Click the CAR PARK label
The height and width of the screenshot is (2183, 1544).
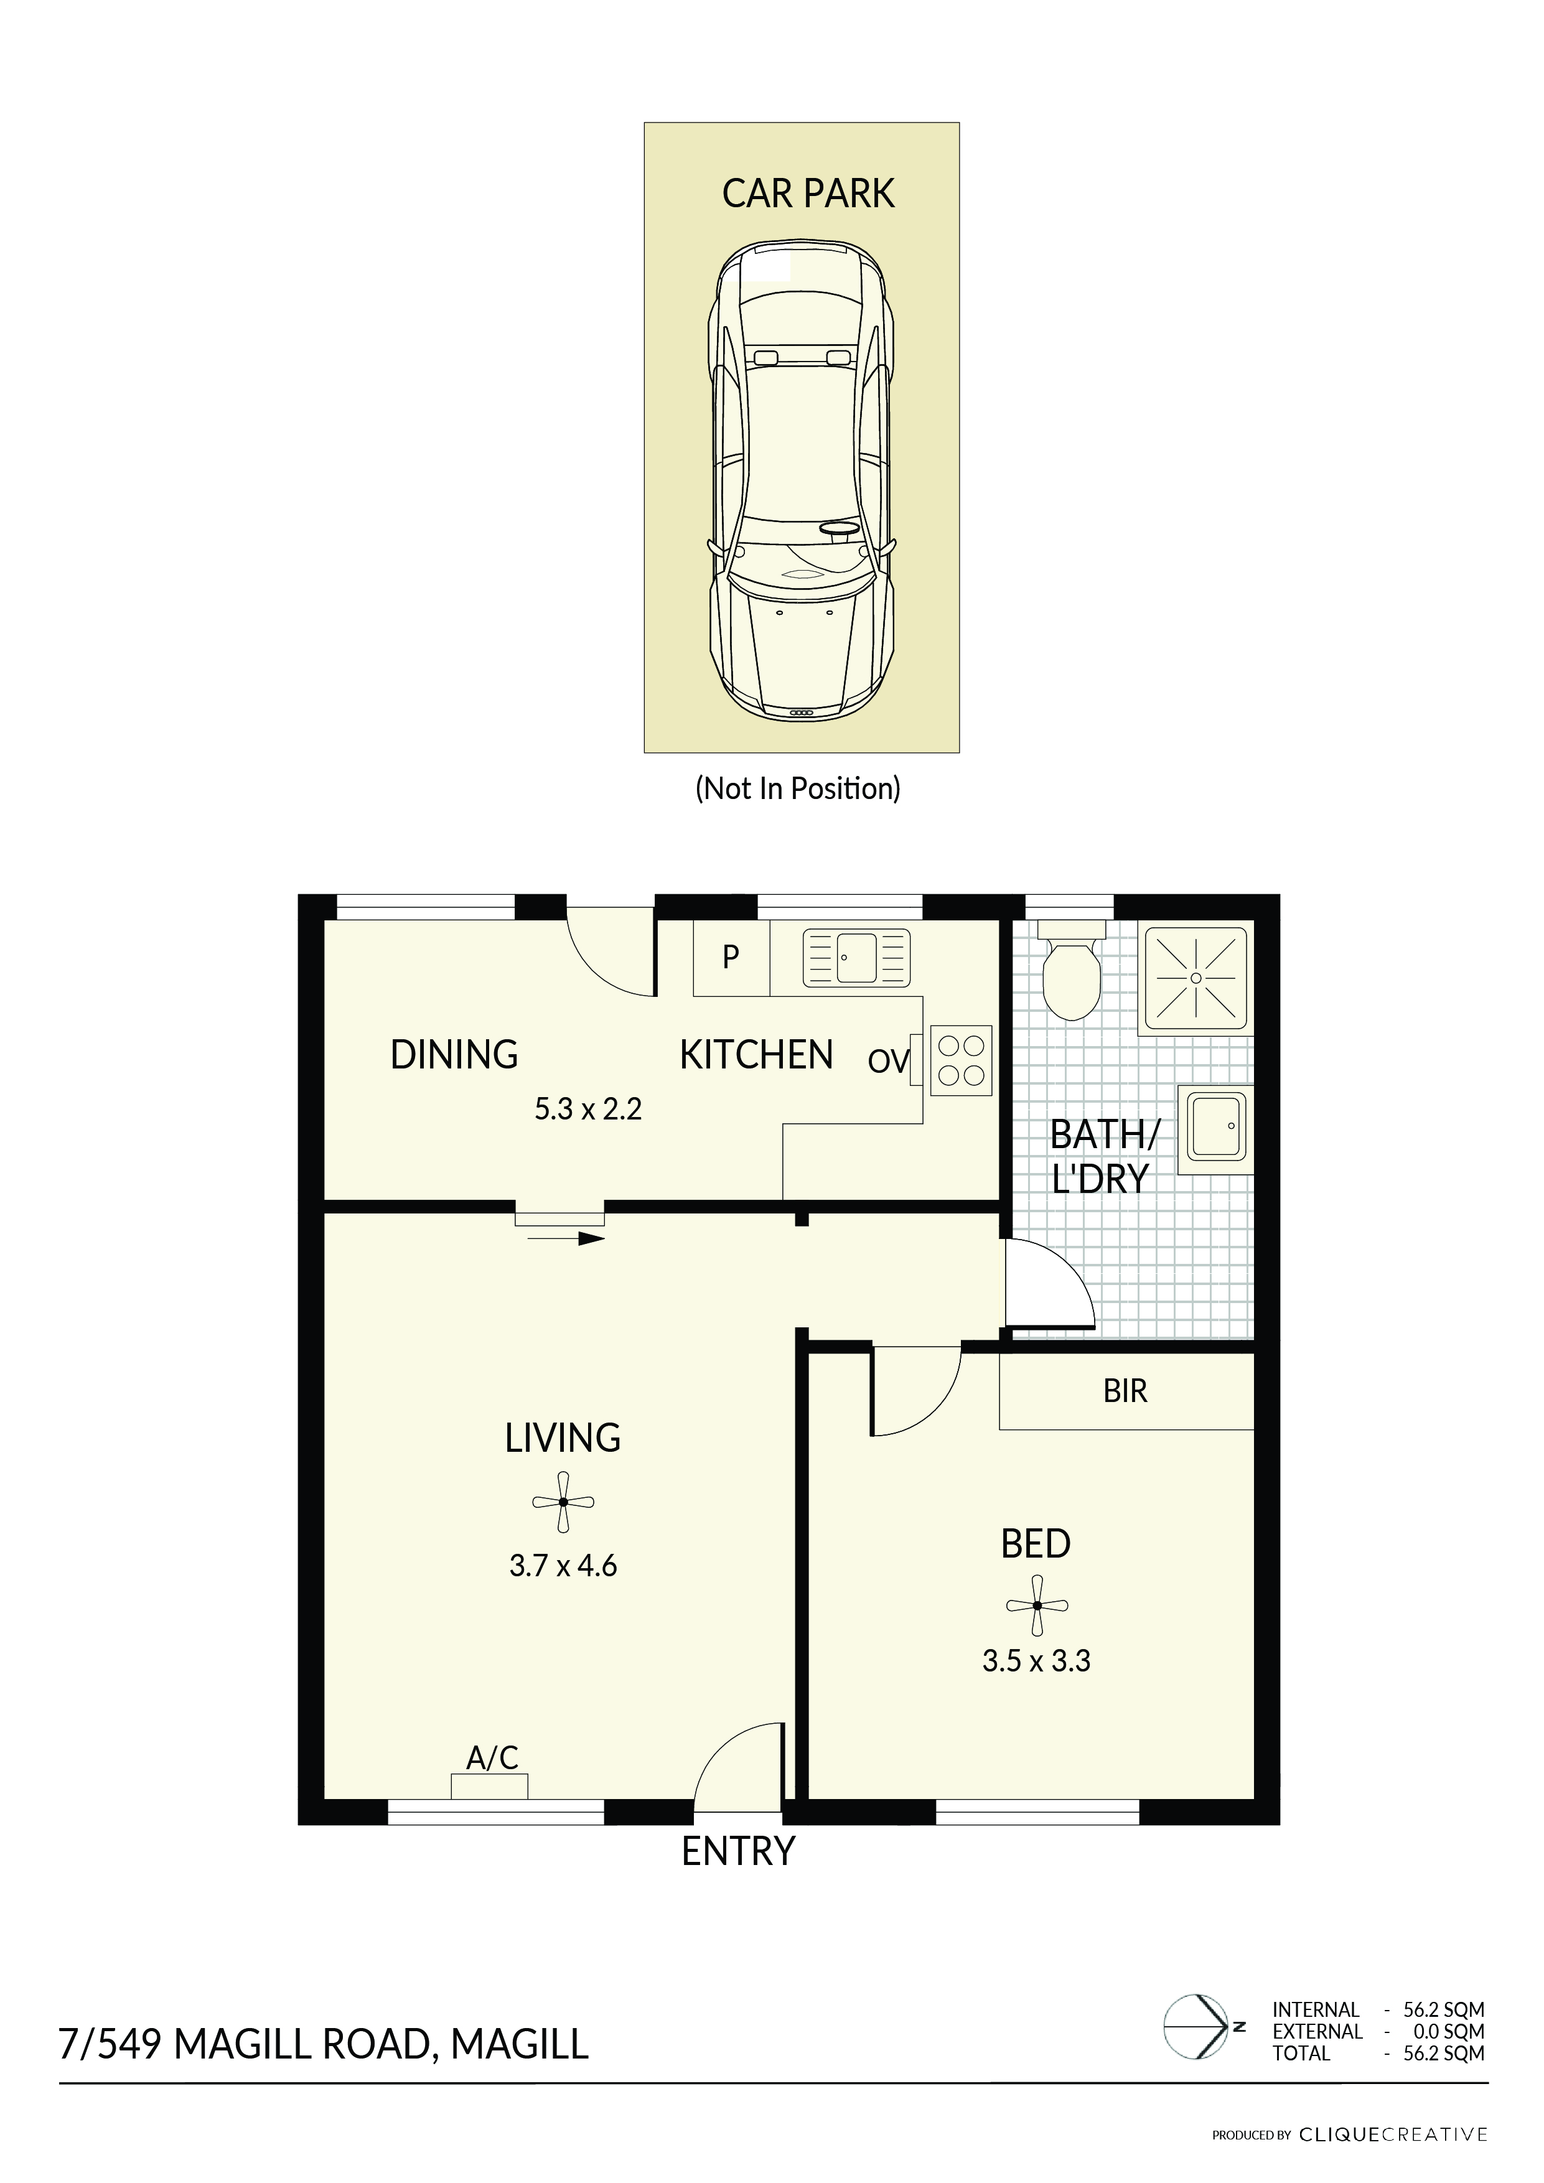point(808,194)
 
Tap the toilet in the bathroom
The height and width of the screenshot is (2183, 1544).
point(1072,970)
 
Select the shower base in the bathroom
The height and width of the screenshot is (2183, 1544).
point(1196,978)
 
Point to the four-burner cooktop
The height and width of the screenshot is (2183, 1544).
point(961,1060)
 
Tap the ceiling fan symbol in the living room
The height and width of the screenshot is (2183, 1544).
point(563,1502)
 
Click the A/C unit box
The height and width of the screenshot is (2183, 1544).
point(490,1787)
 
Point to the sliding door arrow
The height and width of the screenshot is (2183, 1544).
point(566,1239)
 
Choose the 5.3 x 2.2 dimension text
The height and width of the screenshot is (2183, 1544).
point(589,1109)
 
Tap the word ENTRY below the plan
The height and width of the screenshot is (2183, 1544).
point(739,1851)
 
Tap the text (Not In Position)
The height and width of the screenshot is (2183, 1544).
point(798,788)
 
